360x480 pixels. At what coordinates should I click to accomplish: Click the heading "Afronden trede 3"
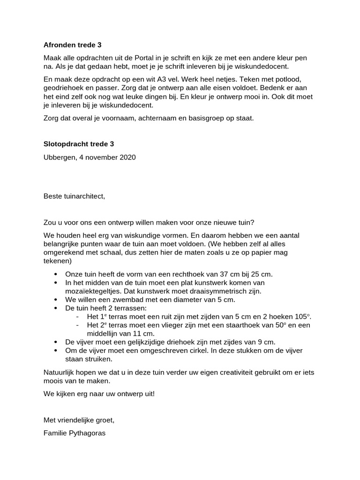(72, 45)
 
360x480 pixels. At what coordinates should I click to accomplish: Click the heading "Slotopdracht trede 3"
(79, 144)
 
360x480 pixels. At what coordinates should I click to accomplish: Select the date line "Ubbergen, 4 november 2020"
(90, 157)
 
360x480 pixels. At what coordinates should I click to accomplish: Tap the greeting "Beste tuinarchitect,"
(74, 196)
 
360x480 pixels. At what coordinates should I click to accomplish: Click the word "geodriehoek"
(63, 88)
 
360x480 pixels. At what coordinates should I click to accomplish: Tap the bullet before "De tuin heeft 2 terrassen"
(56, 308)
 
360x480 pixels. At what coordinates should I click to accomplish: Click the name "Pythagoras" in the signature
(89, 433)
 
